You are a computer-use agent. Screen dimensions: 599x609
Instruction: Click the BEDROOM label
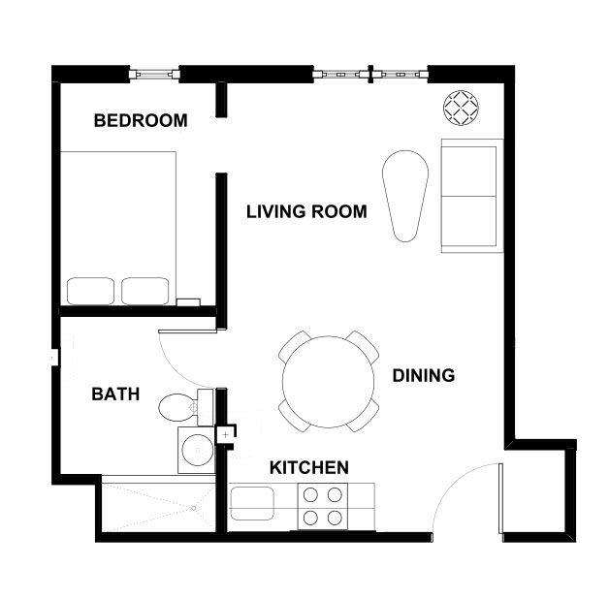coord(140,121)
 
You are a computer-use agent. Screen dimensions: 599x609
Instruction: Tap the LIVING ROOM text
coord(306,211)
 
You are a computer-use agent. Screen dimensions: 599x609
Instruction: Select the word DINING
coord(423,376)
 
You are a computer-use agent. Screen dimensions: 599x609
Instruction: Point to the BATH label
coord(115,394)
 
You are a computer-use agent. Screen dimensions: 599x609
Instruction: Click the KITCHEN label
coord(308,468)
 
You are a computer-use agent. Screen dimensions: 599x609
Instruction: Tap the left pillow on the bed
coord(90,291)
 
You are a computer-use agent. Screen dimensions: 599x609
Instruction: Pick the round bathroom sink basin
coord(197,450)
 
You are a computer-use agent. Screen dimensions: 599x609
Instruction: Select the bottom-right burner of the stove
coord(335,517)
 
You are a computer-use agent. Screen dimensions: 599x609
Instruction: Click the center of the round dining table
coord(328,381)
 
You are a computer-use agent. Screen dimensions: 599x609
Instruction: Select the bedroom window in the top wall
coord(154,73)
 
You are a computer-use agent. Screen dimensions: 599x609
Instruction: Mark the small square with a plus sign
coord(225,435)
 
